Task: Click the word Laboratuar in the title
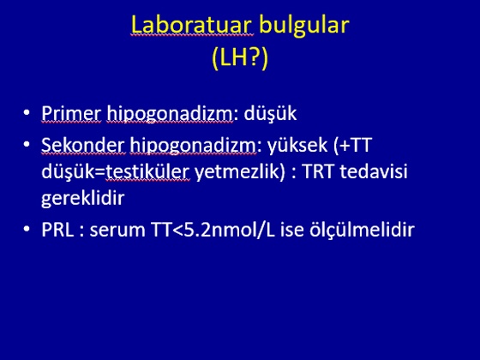pos(192,25)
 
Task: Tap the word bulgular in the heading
pos(304,25)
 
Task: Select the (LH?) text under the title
pos(240,57)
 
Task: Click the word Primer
pos(71,113)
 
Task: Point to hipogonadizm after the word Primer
pos(170,114)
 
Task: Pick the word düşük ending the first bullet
pos(270,113)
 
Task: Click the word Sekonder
pos(83,145)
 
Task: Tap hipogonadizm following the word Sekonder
pos(193,146)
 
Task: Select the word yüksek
pos(297,145)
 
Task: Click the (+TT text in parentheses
pos(352,145)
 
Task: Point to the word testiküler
pos(147,171)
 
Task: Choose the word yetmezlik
pos(237,171)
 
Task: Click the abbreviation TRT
pos(317,171)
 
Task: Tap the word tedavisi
pos(374,171)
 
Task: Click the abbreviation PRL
pos(57,230)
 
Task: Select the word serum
pos(117,231)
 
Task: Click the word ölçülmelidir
pos(362,229)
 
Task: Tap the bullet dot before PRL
pos(27,229)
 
